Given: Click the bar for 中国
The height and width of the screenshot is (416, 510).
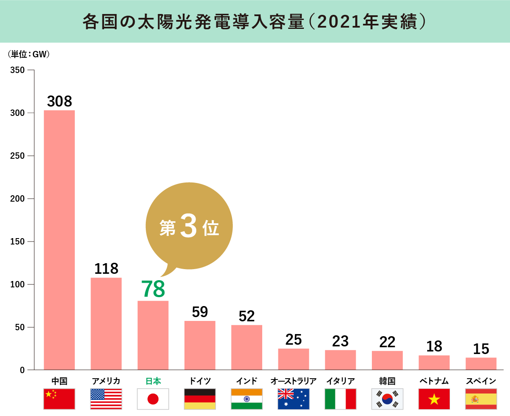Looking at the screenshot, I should click(x=59, y=240).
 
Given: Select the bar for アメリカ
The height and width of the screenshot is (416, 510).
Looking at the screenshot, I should click(x=106, y=323).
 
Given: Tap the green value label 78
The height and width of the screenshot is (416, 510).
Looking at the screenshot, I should click(x=153, y=289).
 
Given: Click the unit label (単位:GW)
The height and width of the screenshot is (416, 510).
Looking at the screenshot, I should click(x=29, y=54).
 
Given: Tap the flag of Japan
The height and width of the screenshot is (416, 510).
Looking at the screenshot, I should click(x=153, y=399).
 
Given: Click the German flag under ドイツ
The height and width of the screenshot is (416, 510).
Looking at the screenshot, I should click(x=200, y=399).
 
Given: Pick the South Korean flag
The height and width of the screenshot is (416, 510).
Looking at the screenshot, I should click(x=387, y=399).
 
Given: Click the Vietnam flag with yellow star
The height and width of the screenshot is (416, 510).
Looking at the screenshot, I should click(x=434, y=399).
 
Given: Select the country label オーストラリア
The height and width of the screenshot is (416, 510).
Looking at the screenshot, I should click(x=293, y=381).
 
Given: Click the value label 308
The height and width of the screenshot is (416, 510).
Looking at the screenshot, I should click(x=59, y=101).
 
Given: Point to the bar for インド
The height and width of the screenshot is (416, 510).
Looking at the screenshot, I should click(x=246, y=347).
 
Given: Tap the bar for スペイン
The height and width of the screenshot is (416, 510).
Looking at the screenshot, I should click(x=481, y=364).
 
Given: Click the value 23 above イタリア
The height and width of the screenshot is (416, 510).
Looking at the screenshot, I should click(x=340, y=341).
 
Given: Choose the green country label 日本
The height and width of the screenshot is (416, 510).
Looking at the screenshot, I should click(x=153, y=381).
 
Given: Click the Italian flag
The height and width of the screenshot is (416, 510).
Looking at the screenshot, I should click(x=340, y=399).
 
